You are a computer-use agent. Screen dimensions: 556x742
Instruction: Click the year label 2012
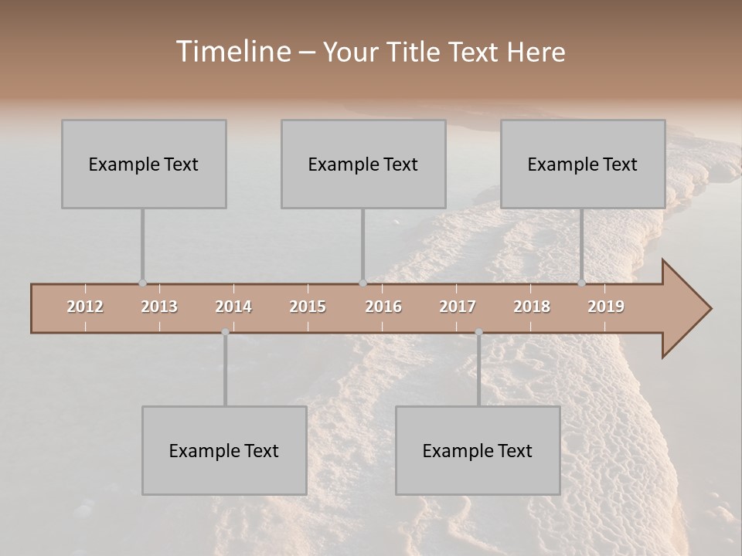(85, 307)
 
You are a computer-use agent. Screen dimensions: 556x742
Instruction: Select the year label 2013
(159, 307)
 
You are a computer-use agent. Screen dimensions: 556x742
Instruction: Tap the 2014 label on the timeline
(233, 307)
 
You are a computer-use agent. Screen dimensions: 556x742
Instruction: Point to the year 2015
(308, 307)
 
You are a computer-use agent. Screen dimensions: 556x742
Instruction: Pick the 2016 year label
(383, 307)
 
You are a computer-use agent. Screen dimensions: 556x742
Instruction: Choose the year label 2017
(458, 307)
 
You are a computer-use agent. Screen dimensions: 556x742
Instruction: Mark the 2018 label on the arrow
(532, 307)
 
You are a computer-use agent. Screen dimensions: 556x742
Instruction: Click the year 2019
(606, 307)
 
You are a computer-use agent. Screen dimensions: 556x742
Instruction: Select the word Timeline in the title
(233, 52)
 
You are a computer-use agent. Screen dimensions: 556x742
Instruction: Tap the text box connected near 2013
(144, 164)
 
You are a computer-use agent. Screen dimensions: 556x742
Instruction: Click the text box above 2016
(363, 164)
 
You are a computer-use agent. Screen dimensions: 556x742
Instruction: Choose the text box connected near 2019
(583, 164)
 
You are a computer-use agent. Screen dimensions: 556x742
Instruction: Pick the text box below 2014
(224, 450)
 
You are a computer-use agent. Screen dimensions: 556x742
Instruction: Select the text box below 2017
(478, 450)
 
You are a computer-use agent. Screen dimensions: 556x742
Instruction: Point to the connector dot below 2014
(225, 332)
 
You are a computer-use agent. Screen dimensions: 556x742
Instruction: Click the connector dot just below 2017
(478, 332)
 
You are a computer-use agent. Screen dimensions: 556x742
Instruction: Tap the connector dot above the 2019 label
(581, 283)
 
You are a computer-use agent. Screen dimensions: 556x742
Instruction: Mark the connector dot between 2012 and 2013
(142, 283)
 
